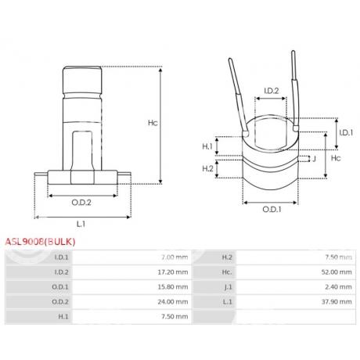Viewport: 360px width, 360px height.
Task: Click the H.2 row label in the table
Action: (228, 257)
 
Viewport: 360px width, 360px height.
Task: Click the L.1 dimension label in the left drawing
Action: (82, 225)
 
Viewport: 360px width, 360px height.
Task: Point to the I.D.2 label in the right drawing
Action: (270, 92)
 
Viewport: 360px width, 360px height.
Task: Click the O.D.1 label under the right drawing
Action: (271, 209)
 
